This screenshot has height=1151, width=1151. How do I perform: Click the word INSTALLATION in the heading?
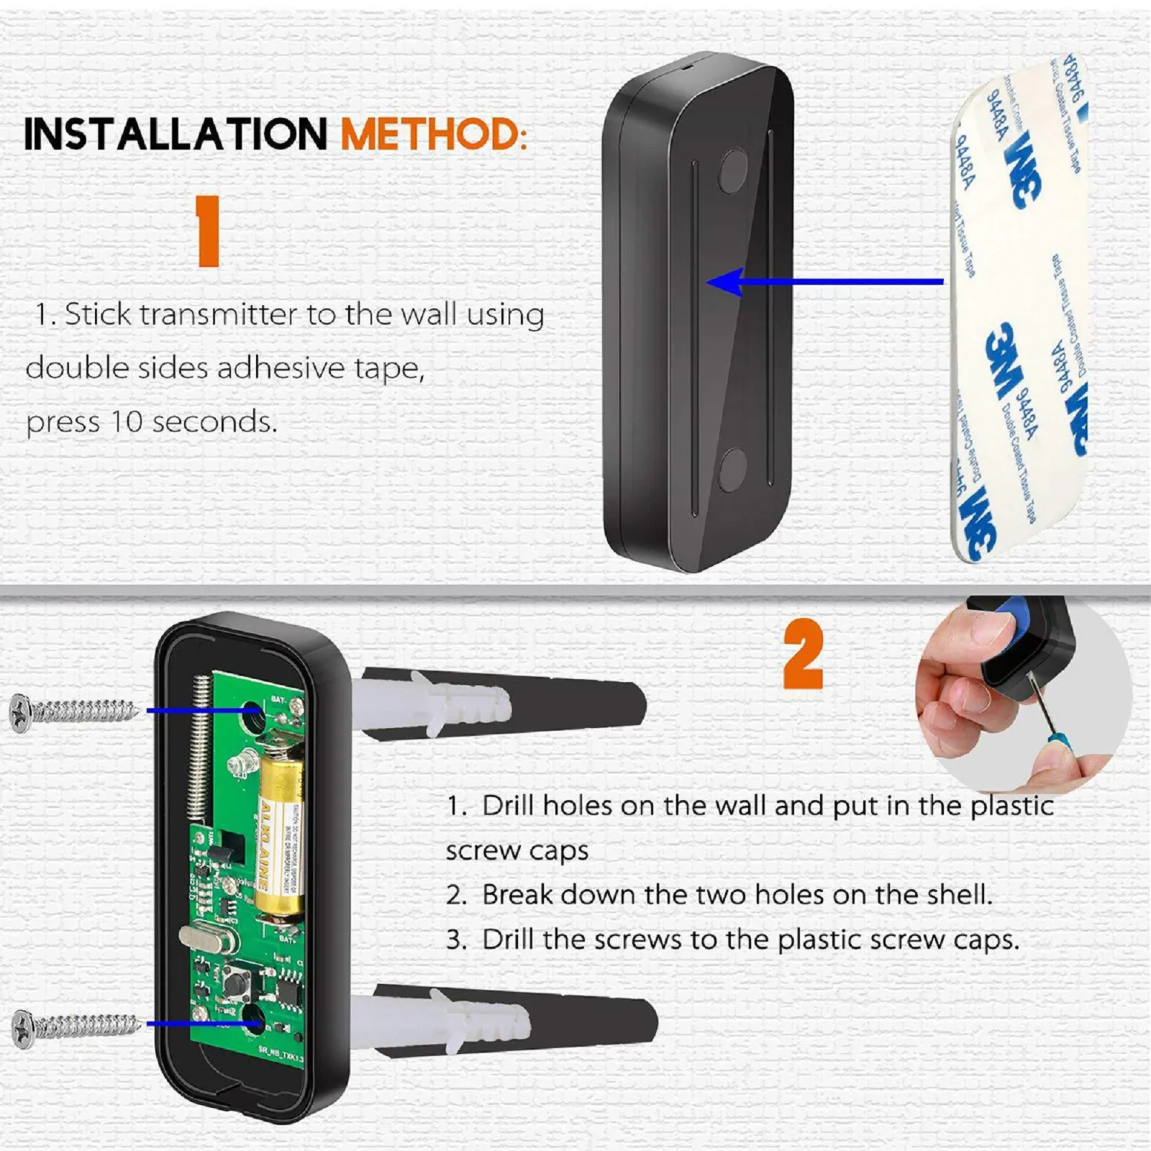[176, 135]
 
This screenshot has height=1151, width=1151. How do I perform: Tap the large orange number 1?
[208, 231]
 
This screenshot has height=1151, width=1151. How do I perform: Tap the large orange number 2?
[802, 654]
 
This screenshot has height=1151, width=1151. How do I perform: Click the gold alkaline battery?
[279, 834]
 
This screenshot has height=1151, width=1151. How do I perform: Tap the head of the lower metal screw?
[24, 1029]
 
